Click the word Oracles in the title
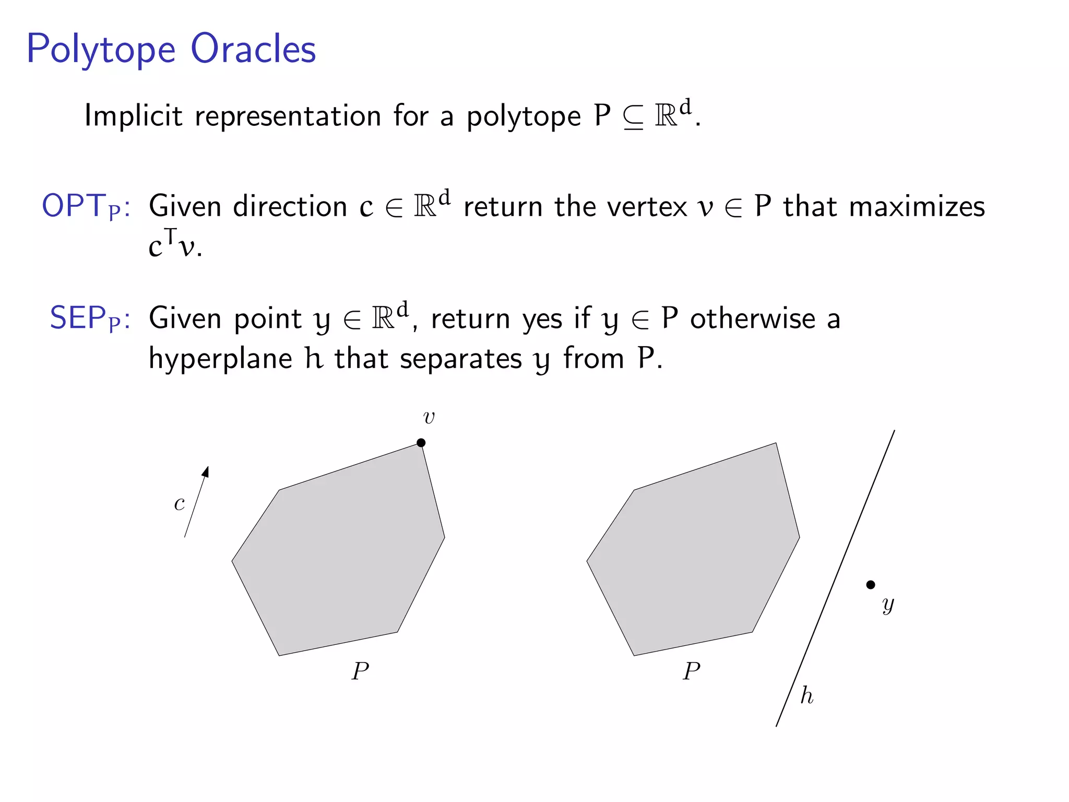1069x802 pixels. click(253, 49)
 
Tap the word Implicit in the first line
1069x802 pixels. click(133, 116)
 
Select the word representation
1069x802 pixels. click(288, 116)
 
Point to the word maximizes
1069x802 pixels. click(917, 207)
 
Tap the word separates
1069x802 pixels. click(461, 359)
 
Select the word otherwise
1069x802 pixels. click(752, 319)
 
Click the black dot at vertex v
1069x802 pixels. click(421, 443)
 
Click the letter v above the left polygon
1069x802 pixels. click(429, 417)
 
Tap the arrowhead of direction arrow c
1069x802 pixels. click(206, 471)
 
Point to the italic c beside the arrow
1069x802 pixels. click(179, 503)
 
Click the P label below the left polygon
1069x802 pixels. click(360, 671)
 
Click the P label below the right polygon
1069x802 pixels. click(692, 671)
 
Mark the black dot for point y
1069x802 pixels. click(871, 585)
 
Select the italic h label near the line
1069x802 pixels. click(807, 695)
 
